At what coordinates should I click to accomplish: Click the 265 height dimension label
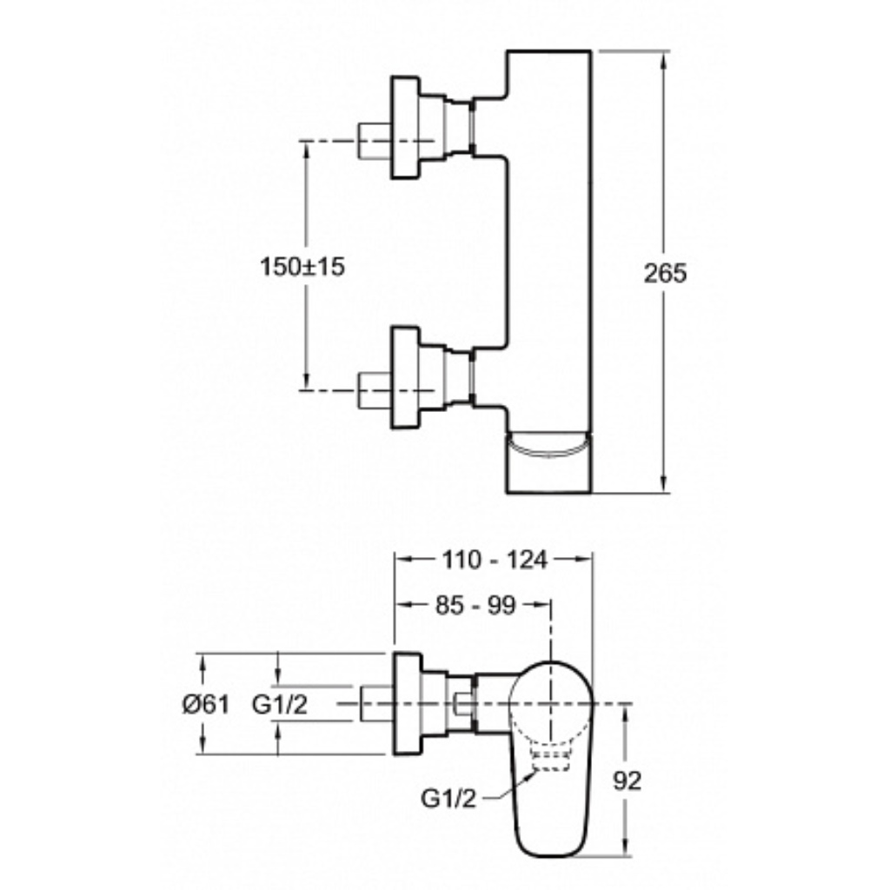(x=665, y=273)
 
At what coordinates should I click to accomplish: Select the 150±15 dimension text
(x=302, y=266)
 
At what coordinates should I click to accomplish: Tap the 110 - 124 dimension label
(x=495, y=560)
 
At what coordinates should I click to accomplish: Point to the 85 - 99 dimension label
(x=475, y=605)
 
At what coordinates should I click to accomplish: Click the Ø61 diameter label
(x=206, y=704)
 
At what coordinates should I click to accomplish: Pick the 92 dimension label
(x=628, y=781)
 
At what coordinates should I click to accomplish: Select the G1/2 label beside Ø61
(x=280, y=704)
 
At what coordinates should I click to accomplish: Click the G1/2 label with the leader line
(x=448, y=799)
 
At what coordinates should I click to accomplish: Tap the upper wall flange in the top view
(x=405, y=128)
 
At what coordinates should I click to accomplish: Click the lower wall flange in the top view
(x=405, y=377)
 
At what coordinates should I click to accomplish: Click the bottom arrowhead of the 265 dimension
(x=664, y=483)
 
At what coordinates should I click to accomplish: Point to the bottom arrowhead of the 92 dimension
(x=626, y=848)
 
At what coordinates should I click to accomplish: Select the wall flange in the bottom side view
(x=408, y=704)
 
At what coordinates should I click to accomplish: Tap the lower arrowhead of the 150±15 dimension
(x=307, y=382)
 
